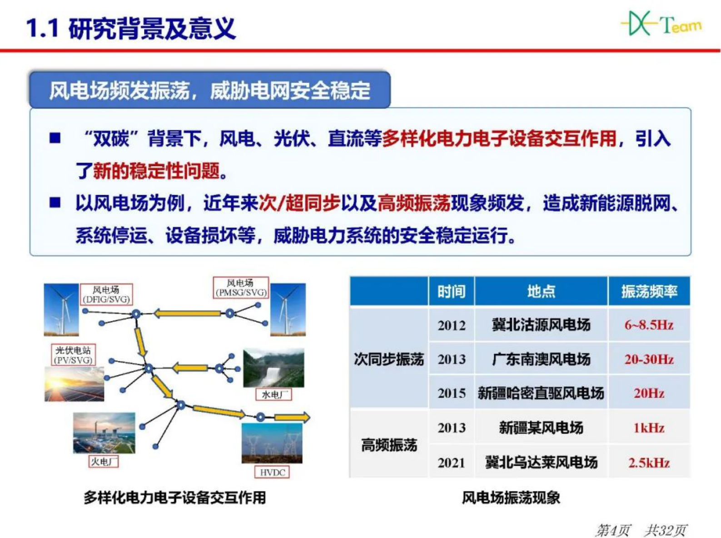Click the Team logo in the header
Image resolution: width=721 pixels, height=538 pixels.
point(661,24)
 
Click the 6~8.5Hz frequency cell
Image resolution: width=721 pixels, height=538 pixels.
point(649,325)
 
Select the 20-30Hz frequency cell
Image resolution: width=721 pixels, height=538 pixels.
point(649,359)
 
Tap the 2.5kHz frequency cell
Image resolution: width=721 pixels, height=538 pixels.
point(649,463)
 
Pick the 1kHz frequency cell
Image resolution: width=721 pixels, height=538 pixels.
point(649,428)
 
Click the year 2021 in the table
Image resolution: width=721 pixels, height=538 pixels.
point(452,463)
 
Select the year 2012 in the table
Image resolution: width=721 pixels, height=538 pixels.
point(452,325)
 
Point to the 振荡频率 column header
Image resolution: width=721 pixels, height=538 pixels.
point(649,291)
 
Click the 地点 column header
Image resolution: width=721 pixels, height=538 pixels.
point(541,291)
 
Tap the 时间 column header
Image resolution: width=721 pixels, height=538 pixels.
point(452,291)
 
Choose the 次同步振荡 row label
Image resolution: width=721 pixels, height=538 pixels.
point(389,359)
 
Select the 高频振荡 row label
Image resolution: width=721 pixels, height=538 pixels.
point(389,445)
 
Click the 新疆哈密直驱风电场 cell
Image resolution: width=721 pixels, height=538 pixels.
point(541,393)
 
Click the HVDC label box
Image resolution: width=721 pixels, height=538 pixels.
point(272,472)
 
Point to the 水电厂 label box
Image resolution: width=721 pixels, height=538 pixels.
point(274,395)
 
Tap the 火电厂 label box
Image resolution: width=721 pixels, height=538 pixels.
point(104,462)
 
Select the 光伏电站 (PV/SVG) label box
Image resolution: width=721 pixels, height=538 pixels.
point(73,355)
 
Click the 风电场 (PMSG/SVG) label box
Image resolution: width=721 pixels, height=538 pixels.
point(241,288)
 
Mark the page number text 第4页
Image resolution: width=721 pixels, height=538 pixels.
point(613,530)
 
